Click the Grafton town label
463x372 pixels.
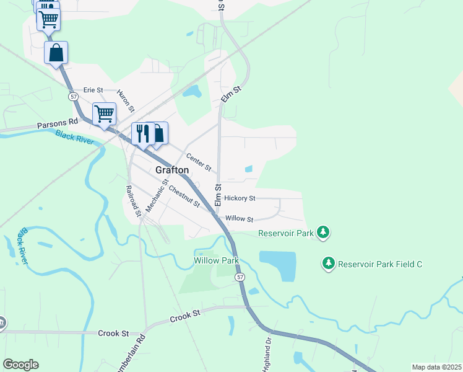[x=171, y=170]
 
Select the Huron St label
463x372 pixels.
[x=126, y=100]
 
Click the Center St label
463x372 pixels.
[x=199, y=163]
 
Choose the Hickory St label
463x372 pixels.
[x=240, y=198]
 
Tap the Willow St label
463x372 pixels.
[x=240, y=219]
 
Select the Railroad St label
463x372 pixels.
[x=134, y=199]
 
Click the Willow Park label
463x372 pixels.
[x=215, y=261]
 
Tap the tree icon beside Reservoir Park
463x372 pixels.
[x=322, y=232]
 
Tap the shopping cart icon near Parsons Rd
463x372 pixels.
[x=104, y=113]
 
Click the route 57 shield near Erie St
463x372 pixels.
[x=74, y=97]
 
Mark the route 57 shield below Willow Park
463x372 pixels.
[x=240, y=277]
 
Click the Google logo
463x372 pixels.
[x=20, y=365]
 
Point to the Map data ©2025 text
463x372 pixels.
[x=436, y=367]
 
